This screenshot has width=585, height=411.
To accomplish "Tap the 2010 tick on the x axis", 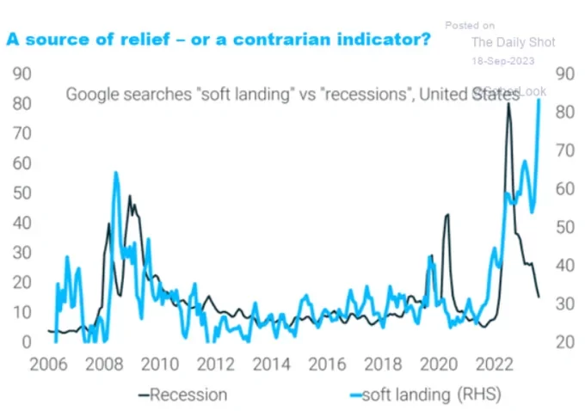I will (153, 364).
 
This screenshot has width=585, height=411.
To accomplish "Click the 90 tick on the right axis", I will (565, 74).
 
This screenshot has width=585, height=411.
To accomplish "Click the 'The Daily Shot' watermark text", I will (514, 42).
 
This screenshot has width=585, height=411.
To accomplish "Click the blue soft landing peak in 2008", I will (116, 174).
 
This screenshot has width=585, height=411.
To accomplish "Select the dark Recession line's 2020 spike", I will (446, 215).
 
